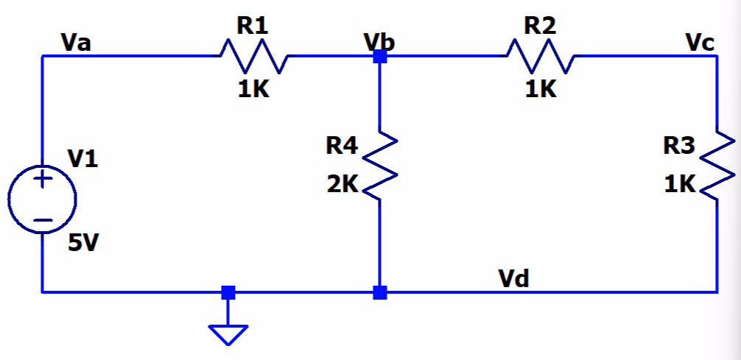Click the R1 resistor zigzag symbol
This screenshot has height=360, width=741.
click(253, 56)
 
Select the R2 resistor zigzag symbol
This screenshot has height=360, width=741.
click(541, 56)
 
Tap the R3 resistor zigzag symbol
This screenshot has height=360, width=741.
click(717, 166)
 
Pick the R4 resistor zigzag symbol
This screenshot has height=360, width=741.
click(379, 166)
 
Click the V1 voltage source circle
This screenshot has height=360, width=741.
click(42, 199)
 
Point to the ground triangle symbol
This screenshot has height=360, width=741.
click(228, 334)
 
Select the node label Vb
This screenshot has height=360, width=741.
click(379, 41)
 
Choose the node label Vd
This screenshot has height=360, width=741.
click(513, 278)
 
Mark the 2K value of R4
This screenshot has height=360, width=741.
click(342, 185)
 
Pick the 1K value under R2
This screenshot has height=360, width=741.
click(541, 90)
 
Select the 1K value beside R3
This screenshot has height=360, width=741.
click(678, 185)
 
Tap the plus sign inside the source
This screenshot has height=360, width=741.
click(42, 179)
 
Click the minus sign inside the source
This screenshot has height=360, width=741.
click(42, 219)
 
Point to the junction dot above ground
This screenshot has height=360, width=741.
click(228, 292)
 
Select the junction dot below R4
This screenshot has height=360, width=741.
click(379, 292)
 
